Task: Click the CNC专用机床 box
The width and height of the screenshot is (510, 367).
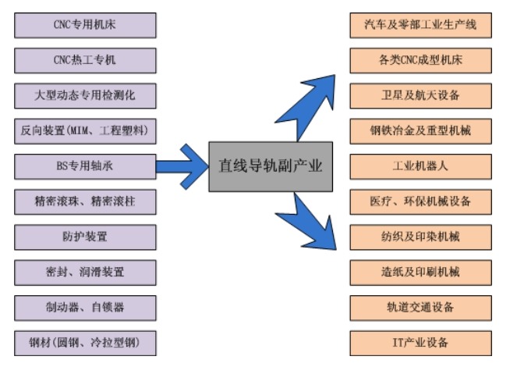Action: tap(85, 25)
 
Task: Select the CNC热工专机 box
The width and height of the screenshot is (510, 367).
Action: tap(85, 60)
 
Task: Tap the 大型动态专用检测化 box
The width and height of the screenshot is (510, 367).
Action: tap(85, 95)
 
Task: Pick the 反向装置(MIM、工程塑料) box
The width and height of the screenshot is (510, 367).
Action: tap(85, 130)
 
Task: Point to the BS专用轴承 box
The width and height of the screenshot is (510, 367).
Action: tap(85, 166)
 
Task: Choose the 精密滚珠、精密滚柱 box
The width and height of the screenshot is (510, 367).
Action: tap(85, 201)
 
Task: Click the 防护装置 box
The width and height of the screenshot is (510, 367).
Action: tap(85, 236)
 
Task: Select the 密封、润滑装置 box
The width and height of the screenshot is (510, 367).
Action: tap(85, 271)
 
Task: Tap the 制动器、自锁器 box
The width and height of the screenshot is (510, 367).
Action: tap(85, 306)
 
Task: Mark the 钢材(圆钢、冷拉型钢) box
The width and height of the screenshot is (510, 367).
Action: tap(85, 341)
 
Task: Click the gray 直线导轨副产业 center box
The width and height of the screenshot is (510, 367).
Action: tap(271, 166)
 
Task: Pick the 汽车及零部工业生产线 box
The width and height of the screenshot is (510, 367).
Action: tap(420, 25)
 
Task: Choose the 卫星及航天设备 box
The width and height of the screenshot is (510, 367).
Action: tap(420, 95)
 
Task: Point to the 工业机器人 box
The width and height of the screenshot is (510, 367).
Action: tap(420, 166)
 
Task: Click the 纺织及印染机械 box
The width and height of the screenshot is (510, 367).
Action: tap(420, 236)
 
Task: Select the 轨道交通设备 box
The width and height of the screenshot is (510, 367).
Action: tap(420, 306)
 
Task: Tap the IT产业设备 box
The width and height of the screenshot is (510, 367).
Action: tap(420, 341)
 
